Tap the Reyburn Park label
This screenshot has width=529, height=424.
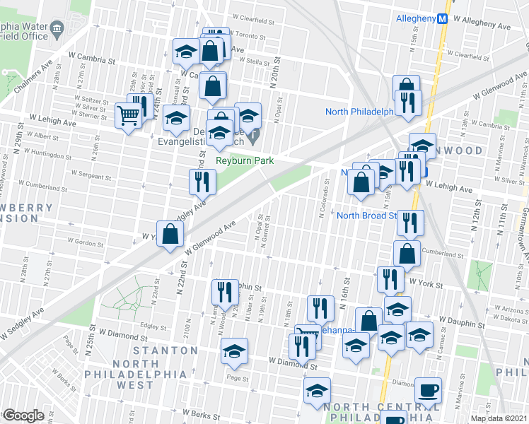pos(245,161)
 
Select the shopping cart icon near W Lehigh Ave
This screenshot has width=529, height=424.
pos(129,114)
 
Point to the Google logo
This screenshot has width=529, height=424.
pos(23,416)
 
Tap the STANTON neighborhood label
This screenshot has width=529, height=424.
pos(163,351)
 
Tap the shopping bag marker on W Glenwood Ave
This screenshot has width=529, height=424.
pos(170,235)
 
